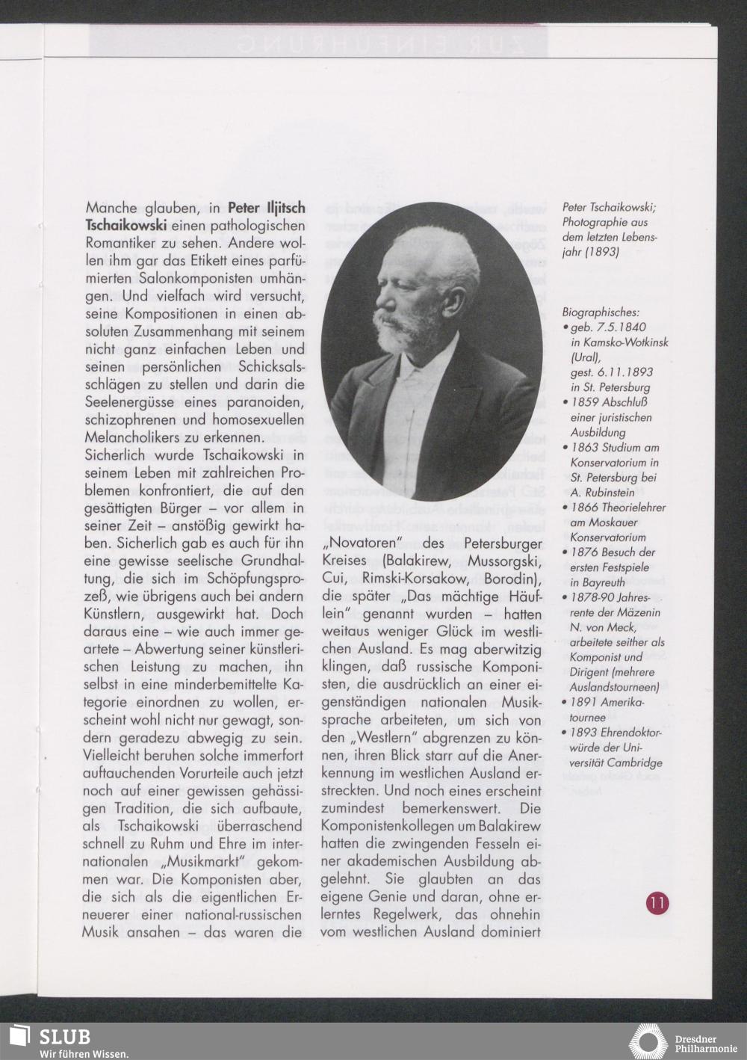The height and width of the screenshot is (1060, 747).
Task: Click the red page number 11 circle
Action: click(657, 903)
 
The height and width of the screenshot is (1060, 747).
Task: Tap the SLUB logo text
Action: click(65, 1036)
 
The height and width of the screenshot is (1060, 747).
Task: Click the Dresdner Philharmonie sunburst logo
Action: click(648, 1041)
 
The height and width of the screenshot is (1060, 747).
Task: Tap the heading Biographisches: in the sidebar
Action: click(600, 312)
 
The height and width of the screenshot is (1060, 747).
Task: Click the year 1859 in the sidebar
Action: click(586, 402)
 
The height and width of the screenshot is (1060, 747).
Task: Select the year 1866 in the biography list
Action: click(586, 508)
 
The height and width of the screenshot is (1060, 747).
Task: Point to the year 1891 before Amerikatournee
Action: click(586, 703)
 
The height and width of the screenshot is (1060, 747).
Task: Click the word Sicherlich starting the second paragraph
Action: click(120, 455)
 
